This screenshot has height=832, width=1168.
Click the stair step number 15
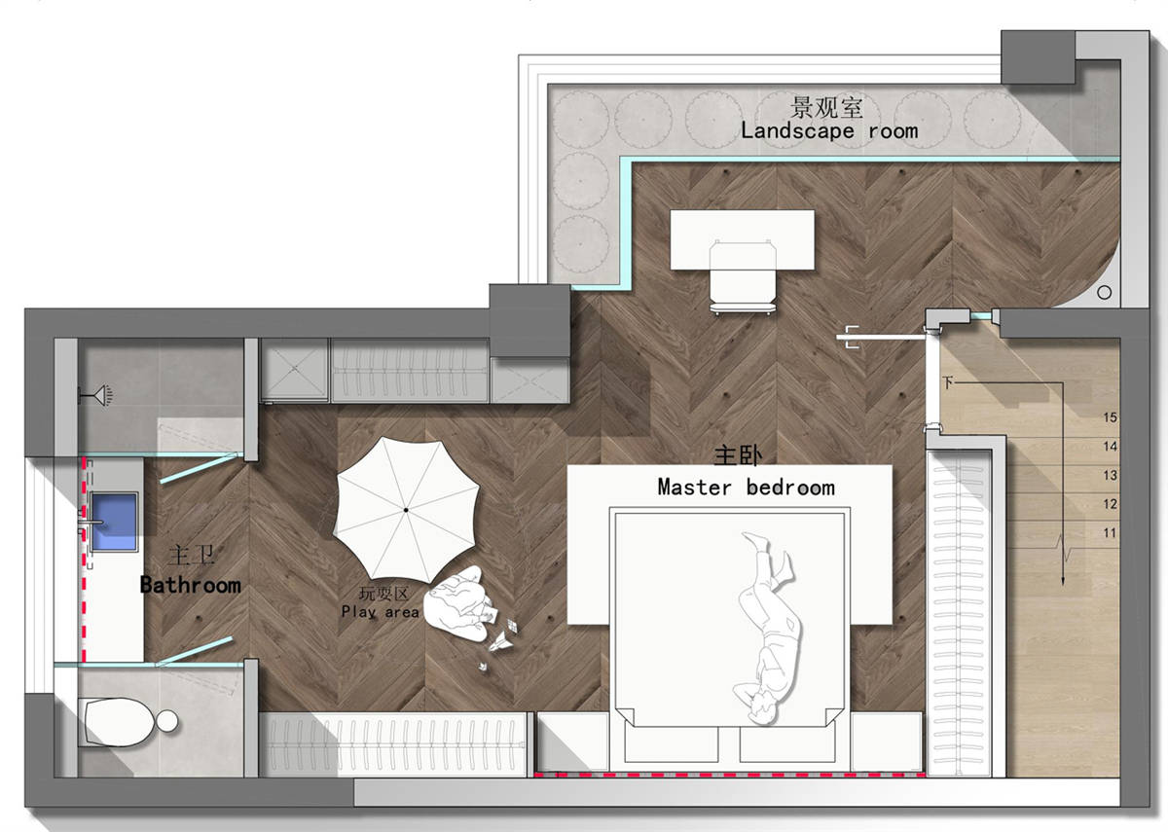pyautogui.click(x=1111, y=417)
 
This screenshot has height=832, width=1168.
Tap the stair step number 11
pyautogui.click(x=1111, y=533)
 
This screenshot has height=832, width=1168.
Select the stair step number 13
pyautogui.click(x=1111, y=476)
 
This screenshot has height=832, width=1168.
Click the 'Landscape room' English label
pyautogui.click(x=829, y=130)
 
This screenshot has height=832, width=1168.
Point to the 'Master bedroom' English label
pyautogui.click(x=747, y=488)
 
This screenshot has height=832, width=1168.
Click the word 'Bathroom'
pyautogui.click(x=191, y=585)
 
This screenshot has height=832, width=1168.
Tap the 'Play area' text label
pyautogui.click(x=381, y=611)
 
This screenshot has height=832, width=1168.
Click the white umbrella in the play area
pyautogui.click(x=406, y=509)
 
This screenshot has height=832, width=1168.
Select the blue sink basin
pyautogui.click(x=114, y=522)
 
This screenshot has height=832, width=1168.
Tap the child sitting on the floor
pyautogui.click(x=457, y=604)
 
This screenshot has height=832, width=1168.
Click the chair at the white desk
pyautogui.click(x=743, y=277)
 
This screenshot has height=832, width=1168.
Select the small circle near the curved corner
pyautogui.click(x=1104, y=293)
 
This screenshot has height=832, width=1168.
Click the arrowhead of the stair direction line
pyautogui.click(x=1063, y=581)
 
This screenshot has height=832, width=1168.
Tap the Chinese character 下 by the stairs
pyautogui.click(x=947, y=382)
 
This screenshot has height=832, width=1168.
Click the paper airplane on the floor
pyautogui.click(x=500, y=642)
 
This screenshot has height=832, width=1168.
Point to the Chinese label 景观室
pyautogui.click(x=826, y=107)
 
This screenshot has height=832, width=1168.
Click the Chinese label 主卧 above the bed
pyautogui.click(x=738, y=455)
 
